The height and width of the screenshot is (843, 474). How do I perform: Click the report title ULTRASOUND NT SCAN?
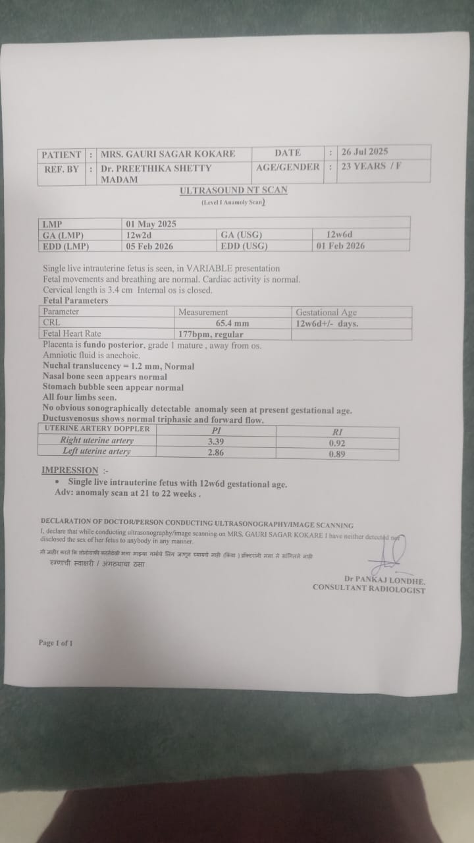(x=234, y=190)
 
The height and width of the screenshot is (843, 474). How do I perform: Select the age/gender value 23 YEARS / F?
(x=371, y=166)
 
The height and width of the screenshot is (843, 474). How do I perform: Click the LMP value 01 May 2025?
(x=151, y=224)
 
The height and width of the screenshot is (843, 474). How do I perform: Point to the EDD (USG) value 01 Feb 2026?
(x=340, y=246)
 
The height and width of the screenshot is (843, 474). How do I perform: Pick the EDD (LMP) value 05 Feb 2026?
(x=151, y=246)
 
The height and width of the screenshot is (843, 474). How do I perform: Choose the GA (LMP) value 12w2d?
(x=140, y=235)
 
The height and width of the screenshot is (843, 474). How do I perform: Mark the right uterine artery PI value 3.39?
(x=217, y=441)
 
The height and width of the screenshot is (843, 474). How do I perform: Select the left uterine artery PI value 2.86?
(x=216, y=452)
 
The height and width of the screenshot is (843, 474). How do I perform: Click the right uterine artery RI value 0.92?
(x=337, y=443)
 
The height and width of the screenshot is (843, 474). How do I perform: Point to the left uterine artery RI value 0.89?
(x=337, y=454)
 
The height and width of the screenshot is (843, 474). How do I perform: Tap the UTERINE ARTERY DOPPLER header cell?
(x=97, y=429)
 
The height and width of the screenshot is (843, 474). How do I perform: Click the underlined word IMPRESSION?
(x=69, y=470)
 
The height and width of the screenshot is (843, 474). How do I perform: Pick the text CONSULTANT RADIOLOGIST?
(x=369, y=589)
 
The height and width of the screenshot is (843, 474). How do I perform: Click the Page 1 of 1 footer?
(x=55, y=642)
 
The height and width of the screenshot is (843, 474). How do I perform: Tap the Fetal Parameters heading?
(x=70, y=300)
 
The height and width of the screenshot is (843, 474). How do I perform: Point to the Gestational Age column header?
(x=326, y=312)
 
